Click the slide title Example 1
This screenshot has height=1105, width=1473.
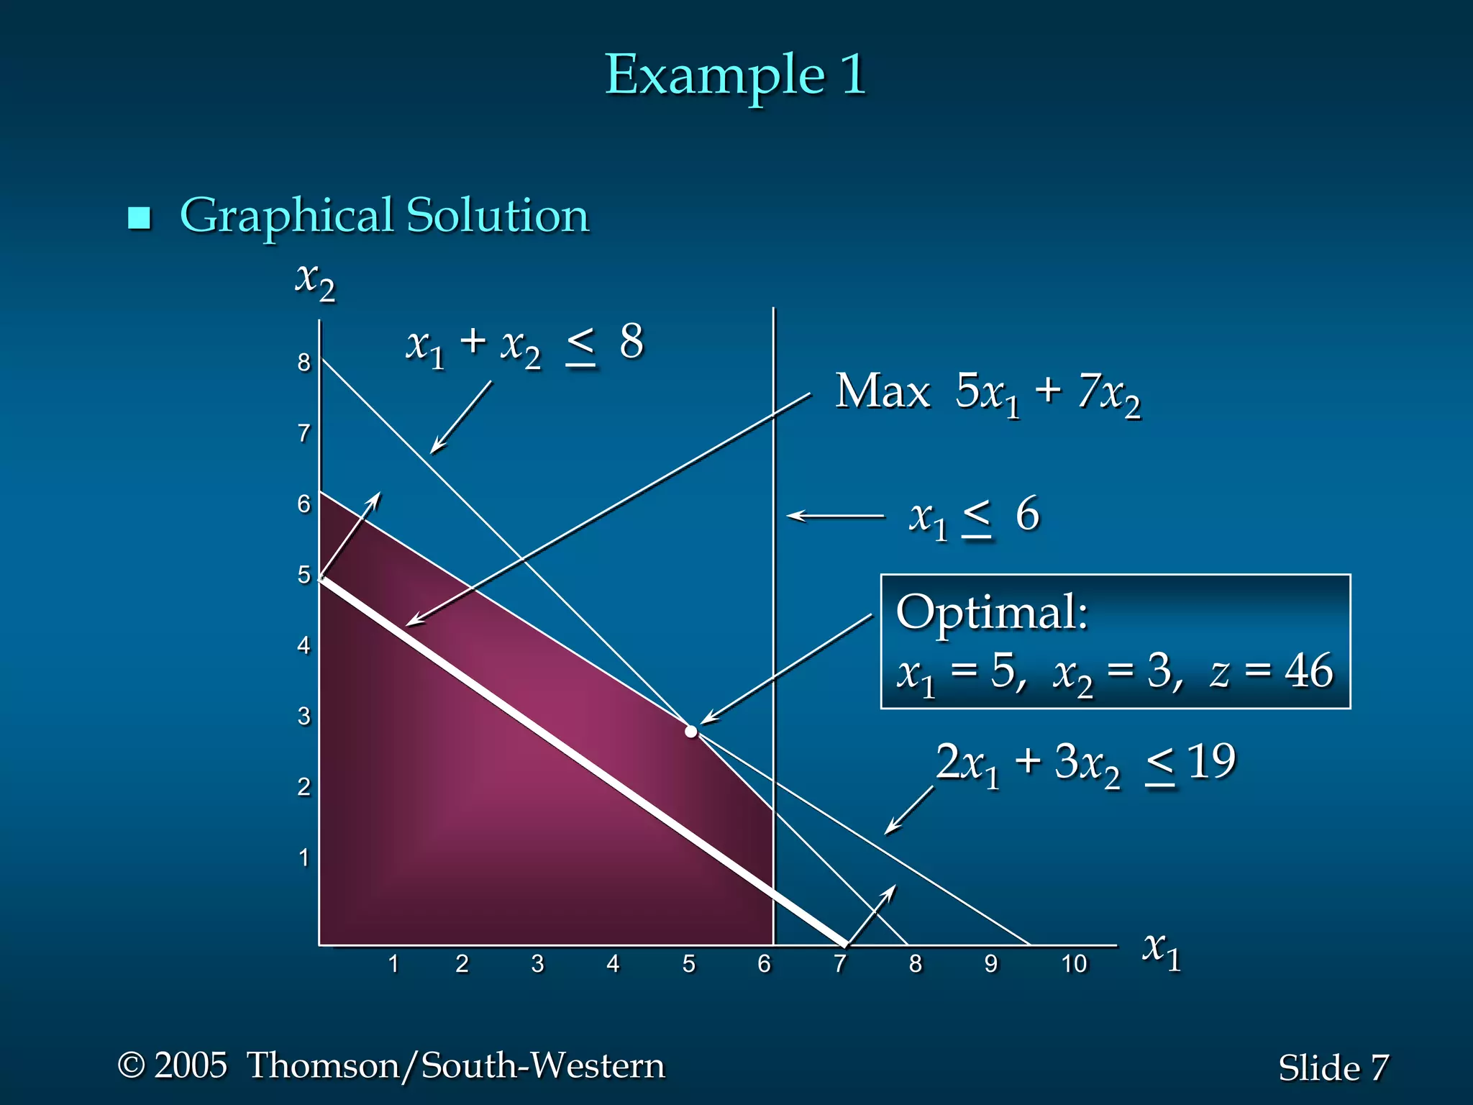click(735, 75)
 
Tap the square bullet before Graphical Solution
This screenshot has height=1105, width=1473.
click(139, 217)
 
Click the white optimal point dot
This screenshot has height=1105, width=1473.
click(691, 732)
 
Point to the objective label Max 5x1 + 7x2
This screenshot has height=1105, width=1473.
click(987, 394)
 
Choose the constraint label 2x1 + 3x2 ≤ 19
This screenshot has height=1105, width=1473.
click(1085, 764)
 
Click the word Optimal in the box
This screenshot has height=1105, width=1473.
click(991, 613)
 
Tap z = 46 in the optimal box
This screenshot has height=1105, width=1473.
click(1272, 672)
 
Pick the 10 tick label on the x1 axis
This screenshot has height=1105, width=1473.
click(1074, 964)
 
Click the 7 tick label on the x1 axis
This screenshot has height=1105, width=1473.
click(839, 964)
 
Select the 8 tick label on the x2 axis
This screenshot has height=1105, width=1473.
click(304, 363)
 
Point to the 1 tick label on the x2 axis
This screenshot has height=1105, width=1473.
click(304, 858)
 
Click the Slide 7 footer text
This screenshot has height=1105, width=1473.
click(1333, 1068)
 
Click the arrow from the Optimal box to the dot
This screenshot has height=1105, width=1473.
click(786, 669)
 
